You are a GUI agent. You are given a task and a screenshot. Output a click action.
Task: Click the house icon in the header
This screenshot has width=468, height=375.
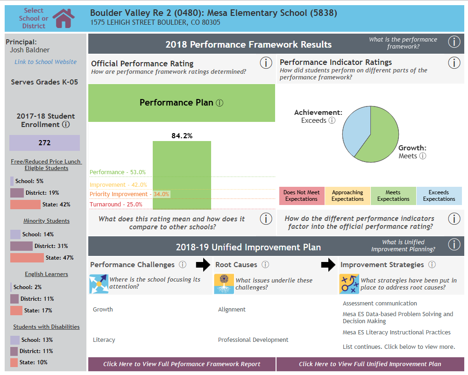click(64, 18)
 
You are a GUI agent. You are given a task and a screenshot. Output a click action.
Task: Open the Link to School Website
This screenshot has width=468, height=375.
click(45, 62)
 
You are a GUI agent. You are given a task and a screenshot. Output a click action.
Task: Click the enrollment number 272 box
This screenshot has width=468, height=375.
click(44, 143)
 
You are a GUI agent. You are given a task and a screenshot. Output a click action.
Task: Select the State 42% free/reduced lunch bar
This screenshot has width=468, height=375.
click(25, 204)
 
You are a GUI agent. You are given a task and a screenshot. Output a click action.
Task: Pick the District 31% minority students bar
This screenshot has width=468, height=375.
click(21, 246)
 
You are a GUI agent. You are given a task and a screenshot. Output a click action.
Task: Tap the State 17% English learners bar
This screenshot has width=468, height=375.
click(16, 310)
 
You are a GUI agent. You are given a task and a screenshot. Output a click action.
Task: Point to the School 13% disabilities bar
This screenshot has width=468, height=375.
click(15, 340)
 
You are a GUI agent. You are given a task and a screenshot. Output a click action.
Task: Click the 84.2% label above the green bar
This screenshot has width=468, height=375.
click(182, 136)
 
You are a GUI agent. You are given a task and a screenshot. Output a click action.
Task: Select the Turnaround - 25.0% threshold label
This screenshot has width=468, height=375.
click(116, 204)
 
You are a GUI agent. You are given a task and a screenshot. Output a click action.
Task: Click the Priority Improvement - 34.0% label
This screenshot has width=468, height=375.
click(129, 194)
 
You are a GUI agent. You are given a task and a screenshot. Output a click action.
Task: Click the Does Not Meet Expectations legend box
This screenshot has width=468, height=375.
click(301, 196)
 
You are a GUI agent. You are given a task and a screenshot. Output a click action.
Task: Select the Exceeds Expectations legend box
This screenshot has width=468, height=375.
click(439, 196)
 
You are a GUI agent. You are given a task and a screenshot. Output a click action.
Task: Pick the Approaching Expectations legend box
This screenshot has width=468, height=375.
click(347, 196)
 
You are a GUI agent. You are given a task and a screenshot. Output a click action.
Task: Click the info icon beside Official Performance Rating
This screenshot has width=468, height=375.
click(266, 63)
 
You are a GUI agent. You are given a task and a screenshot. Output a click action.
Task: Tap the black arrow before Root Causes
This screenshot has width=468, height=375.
click(203, 265)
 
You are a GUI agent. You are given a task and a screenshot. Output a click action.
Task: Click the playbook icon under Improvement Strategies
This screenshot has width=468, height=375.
click(349, 284)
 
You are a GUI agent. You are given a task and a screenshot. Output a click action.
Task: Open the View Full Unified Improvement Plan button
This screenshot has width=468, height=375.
click(370, 364)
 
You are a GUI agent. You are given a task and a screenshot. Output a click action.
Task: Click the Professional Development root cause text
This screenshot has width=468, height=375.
click(253, 340)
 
